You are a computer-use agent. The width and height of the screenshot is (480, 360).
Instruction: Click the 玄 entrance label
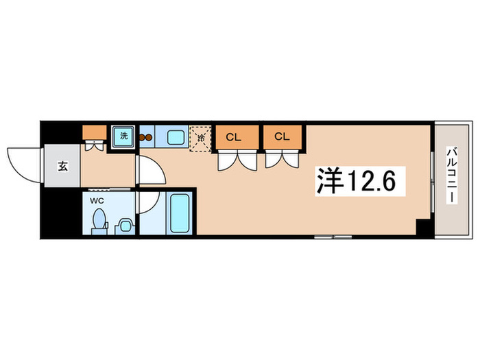(x=62, y=166)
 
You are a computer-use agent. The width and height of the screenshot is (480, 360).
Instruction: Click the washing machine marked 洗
(x=124, y=135)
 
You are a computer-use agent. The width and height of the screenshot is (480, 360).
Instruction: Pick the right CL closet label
(x=282, y=136)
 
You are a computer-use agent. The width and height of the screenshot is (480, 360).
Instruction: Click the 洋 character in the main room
(x=328, y=181)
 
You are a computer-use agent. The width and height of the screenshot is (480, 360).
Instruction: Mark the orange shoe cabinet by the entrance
(x=94, y=132)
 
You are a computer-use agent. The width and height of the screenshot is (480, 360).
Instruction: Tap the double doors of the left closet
(x=235, y=160)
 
